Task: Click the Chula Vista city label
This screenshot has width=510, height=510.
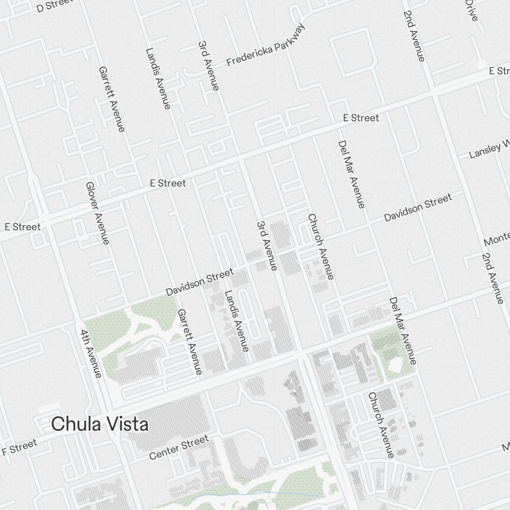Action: click(x=100, y=424)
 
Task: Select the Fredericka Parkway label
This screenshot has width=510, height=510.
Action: click(x=266, y=45)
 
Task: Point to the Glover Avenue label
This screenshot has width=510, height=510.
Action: click(x=97, y=213)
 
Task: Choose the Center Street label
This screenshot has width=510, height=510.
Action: click(x=179, y=447)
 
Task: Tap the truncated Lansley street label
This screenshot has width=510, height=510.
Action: click(x=489, y=148)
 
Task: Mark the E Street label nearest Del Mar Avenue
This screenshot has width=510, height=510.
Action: click(x=361, y=118)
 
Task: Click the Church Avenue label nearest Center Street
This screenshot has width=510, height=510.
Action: click(x=381, y=425)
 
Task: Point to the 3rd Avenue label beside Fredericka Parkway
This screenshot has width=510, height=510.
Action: click(x=209, y=66)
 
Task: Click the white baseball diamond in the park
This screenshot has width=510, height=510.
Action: click(x=394, y=365)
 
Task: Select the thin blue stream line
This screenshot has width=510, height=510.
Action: click(x=255, y=494)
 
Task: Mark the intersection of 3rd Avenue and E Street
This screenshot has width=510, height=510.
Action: click(x=241, y=159)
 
